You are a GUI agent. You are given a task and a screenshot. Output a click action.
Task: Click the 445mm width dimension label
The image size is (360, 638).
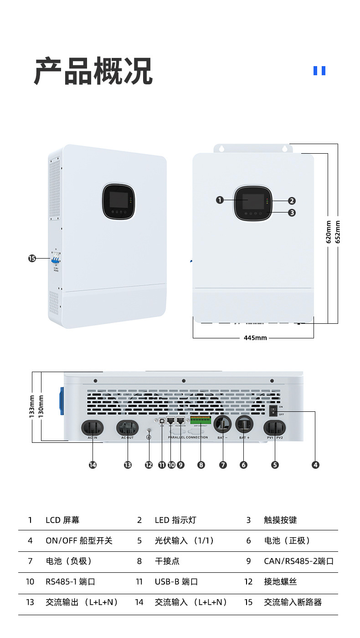255,338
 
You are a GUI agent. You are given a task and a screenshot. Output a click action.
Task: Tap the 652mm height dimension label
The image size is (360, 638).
338,232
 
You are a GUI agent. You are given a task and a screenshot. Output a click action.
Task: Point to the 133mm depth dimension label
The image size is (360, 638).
32,406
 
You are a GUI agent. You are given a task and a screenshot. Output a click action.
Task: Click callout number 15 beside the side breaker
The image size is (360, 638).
32,259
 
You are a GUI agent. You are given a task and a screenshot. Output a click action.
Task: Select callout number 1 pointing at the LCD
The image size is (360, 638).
220,200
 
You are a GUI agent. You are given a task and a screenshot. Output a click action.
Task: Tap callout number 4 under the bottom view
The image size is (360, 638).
315,465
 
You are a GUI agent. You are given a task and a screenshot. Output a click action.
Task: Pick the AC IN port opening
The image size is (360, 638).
93,428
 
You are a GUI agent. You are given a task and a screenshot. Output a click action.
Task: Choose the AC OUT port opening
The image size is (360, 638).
128,428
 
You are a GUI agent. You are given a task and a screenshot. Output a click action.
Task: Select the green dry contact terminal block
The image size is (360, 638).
201,420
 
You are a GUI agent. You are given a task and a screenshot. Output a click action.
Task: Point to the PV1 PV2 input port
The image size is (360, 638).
275,428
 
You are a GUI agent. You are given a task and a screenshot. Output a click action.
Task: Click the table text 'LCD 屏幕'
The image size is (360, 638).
62,520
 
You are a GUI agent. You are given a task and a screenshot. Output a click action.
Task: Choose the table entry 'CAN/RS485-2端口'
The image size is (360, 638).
298,561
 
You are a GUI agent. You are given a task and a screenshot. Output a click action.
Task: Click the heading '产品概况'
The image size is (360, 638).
93,71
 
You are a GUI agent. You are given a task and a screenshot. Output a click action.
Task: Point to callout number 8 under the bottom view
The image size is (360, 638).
201,465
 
